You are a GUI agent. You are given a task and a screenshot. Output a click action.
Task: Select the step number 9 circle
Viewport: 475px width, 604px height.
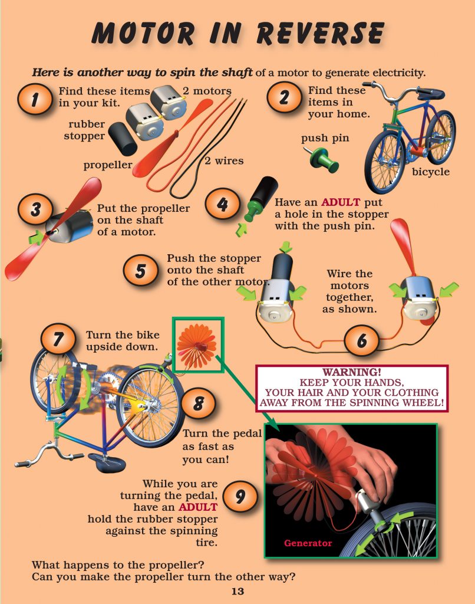(x=240, y=496)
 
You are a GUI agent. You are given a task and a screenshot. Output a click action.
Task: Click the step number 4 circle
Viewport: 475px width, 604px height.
(x=222, y=205)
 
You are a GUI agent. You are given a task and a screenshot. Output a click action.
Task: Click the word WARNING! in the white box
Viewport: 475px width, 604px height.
(x=352, y=373)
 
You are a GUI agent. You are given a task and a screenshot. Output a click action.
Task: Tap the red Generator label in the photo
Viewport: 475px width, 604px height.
(x=308, y=543)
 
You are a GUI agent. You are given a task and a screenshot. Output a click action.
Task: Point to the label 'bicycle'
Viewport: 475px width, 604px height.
(x=430, y=172)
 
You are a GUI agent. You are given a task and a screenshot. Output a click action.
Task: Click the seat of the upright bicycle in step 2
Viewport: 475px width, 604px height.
(x=431, y=93)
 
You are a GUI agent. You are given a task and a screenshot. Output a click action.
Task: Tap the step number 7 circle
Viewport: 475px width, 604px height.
(x=58, y=340)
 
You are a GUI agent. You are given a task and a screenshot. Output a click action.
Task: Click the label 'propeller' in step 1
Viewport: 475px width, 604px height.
(x=107, y=165)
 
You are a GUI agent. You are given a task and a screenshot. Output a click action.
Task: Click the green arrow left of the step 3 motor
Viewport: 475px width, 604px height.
(x=37, y=237)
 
